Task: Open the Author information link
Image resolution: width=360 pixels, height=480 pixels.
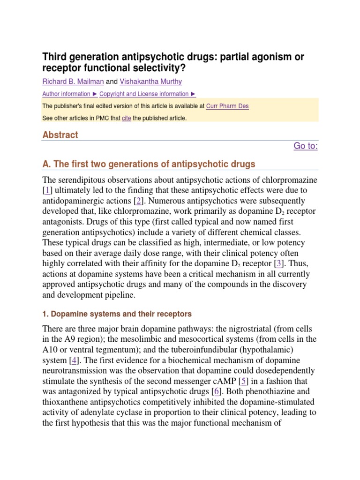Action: click(67, 94)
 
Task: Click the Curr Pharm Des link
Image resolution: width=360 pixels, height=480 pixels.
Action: click(227, 106)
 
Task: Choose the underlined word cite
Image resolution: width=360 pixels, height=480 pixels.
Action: click(126, 118)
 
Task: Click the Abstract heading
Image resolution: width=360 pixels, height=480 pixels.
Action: click(60, 135)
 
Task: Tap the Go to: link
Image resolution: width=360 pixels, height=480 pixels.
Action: click(306, 146)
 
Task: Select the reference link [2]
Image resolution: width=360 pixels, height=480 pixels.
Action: click(139, 201)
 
